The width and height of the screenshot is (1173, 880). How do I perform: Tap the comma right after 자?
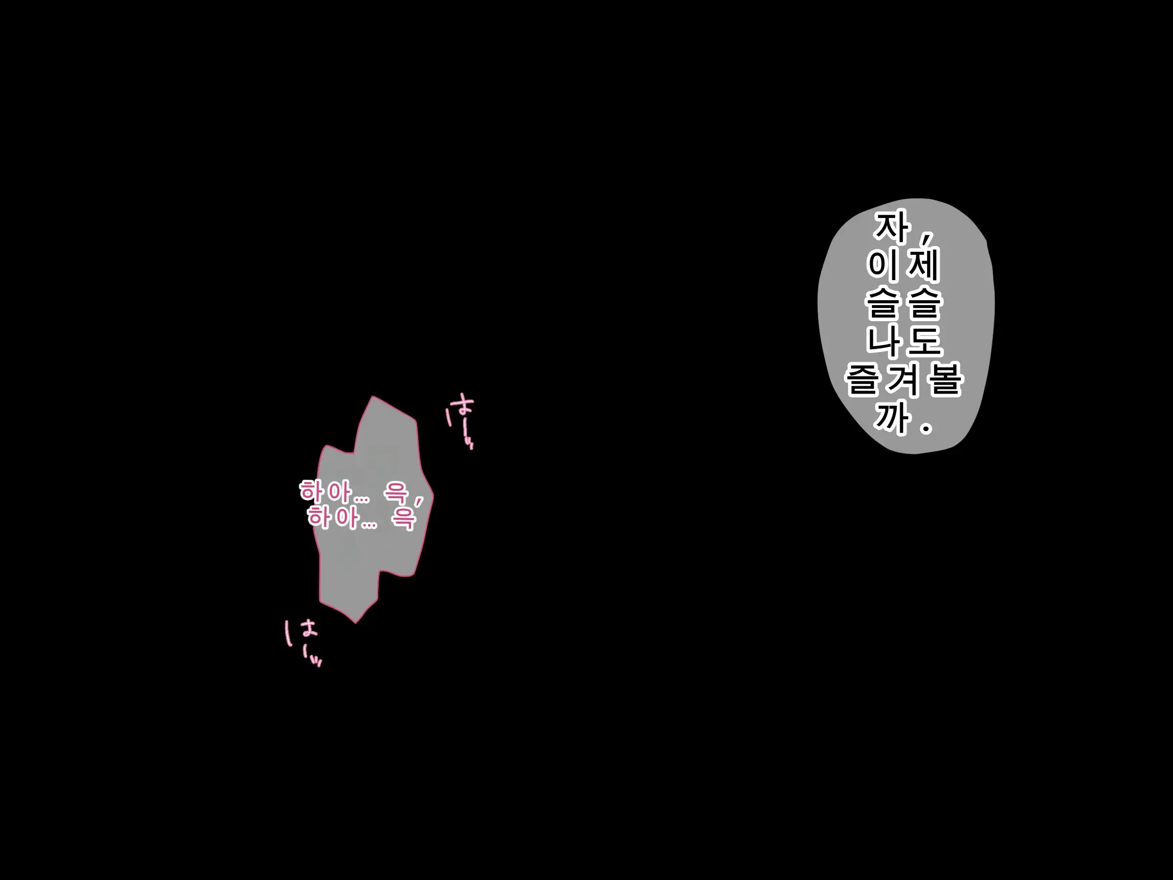click(x=926, y=239)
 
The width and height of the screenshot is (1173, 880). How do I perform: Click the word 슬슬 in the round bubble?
click(x=904, y=303)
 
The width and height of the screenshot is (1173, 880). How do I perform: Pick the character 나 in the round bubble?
click(x=885, y=341)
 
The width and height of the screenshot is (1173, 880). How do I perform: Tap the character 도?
click(x=923, y=341)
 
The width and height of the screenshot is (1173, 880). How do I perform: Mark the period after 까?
click(x=926, y=428)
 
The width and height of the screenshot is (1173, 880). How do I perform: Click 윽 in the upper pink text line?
click(x=395, y=492)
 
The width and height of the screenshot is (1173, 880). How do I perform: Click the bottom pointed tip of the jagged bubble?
click(x=355, y=623)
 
